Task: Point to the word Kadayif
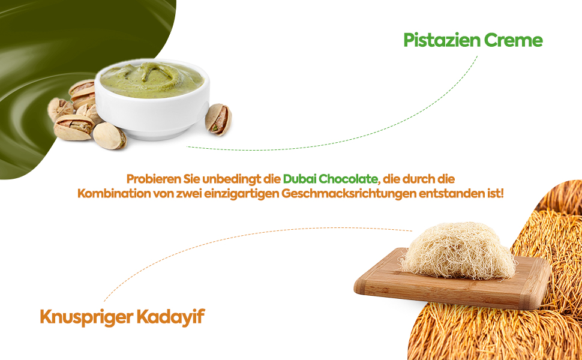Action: pos(175,317)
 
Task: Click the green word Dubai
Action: pos(299,179)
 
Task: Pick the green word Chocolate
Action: pos(349,179)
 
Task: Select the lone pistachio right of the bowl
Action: pos(218,118)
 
